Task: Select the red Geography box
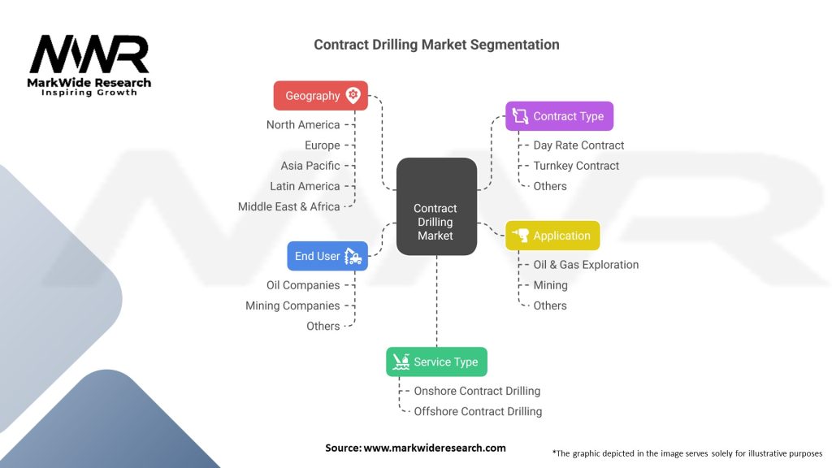[320, 96]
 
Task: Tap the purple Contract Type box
[559, 116]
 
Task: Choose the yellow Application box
[552, 236]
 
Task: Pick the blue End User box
[327, 256]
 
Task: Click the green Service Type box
[436, 362]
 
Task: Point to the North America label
[303, 124]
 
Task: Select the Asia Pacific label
[310, 166]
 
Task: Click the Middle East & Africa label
[288, 206]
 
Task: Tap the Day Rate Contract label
[578, 145]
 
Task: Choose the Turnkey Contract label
[576, 166]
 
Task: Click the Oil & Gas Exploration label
[586, 265]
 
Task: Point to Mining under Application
[550, 285]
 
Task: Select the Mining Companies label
[292, 305]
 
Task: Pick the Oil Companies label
[303, 285]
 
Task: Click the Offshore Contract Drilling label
[478, 411]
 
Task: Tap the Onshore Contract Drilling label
[477, 391]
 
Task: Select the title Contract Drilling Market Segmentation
[436, 45]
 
